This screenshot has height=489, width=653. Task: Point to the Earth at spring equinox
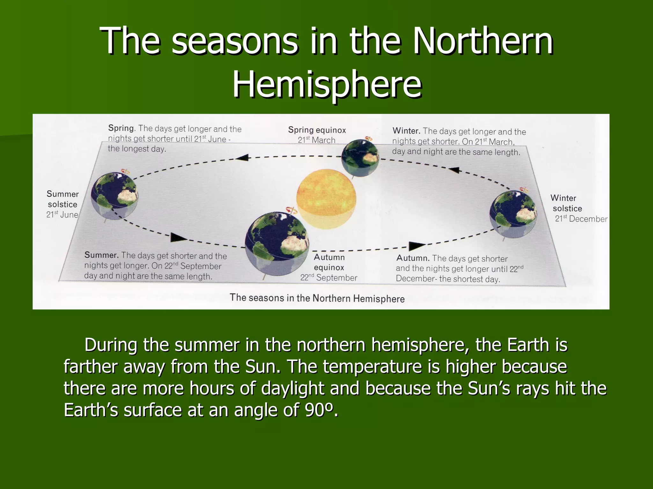click(360, 158)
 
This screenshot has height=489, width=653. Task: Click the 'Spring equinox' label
click(317, 130)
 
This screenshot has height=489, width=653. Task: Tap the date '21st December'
click(581, 219)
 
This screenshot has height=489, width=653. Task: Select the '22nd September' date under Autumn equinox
click(328, 278)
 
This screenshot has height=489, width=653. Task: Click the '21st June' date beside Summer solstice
click(62, 215)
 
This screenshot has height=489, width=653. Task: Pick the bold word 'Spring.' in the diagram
click(122, 128)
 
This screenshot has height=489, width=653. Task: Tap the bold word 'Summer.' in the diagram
click(101, 255)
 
